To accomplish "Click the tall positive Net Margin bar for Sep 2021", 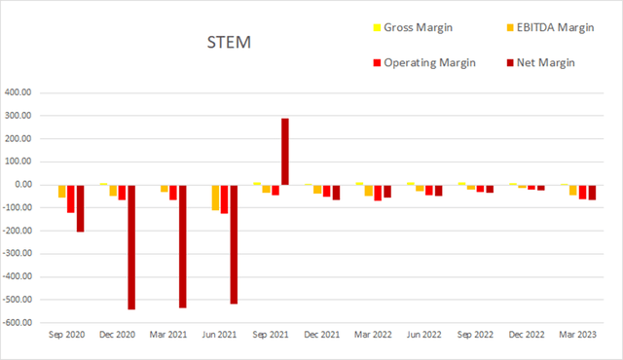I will pos(285,151).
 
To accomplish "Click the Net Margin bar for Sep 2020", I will pos(80,208).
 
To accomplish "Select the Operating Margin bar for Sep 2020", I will pos(71,198).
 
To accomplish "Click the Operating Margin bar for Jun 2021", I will pos(224,198).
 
